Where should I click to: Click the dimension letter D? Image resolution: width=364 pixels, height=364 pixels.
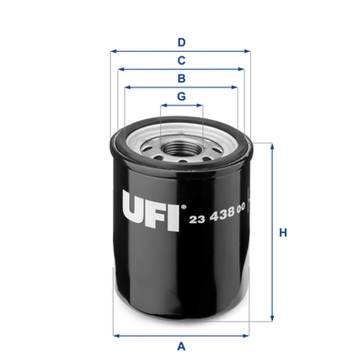coord(182,42)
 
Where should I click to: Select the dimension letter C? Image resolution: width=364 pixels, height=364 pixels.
coord(182,60)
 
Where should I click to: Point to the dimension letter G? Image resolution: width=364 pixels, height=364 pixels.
coord(182,96)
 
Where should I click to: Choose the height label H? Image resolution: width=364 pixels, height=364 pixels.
coord(283,233)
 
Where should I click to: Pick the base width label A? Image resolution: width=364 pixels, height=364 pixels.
coord(182,346)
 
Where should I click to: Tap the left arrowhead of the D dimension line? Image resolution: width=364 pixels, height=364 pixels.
coord(114,52)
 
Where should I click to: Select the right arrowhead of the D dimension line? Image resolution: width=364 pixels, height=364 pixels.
coord(250,52)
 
